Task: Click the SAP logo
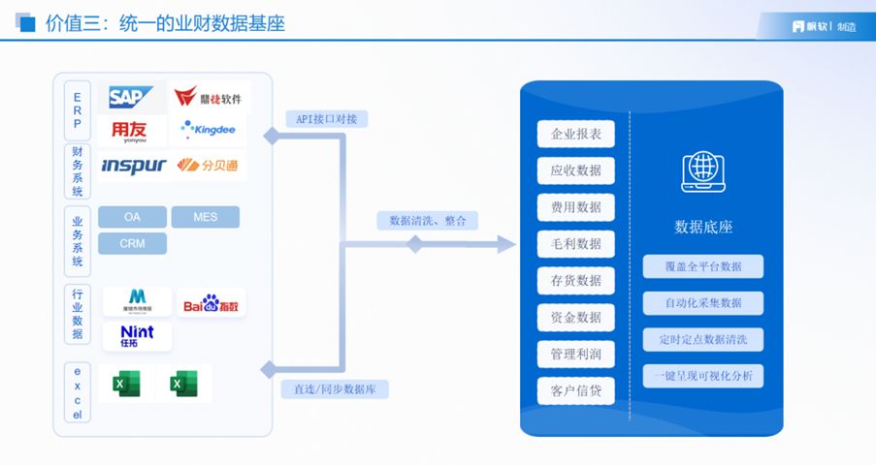130,97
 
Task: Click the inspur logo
133,166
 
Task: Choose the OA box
132,217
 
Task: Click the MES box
205,217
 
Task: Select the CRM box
132,243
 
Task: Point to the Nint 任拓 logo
137,336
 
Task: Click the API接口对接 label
326,119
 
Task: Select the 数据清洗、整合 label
428,221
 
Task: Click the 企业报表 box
576,134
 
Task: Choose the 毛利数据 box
576,244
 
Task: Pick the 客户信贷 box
576,391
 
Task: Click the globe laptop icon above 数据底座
702,170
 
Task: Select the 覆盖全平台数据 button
703,266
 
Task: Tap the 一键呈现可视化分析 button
703,376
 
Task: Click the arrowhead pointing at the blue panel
505,244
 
